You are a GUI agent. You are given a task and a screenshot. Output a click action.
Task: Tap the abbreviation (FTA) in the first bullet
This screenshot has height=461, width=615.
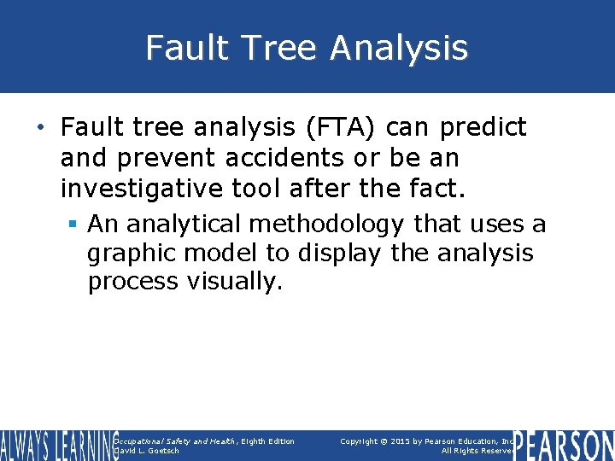(339, 128)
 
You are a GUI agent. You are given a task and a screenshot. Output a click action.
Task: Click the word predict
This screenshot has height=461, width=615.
(483, 128)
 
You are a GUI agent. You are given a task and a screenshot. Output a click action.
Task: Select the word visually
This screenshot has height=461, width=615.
(233, 283)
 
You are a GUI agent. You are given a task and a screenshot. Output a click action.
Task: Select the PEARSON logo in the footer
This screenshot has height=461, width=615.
(564, 446)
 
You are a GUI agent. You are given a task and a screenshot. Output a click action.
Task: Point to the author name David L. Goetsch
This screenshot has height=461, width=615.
(147, 451)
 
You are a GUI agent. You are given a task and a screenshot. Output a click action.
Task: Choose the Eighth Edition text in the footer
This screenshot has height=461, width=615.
(268, 441)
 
